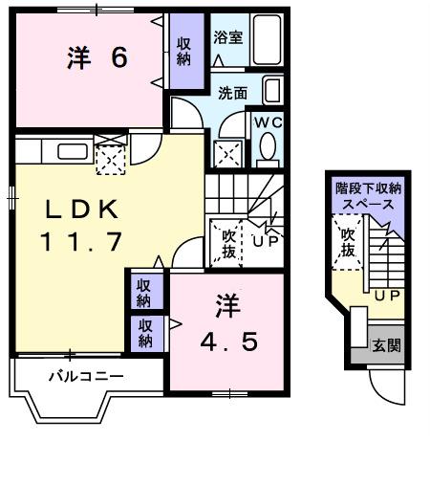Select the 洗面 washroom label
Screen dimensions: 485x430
tap(232, 93)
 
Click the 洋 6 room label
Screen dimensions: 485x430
tap(97, 57)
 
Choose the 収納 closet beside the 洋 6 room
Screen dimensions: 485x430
tap(184, 51)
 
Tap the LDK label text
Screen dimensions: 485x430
tap(79, 209)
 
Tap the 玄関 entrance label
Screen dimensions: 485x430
tap(385, 345)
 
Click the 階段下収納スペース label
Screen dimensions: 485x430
tap(368, 196)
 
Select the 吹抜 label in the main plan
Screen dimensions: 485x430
tap(229, 242)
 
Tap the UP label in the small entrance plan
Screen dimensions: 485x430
tap(386, 296)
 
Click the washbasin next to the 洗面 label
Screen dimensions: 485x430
tap(270, 92)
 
